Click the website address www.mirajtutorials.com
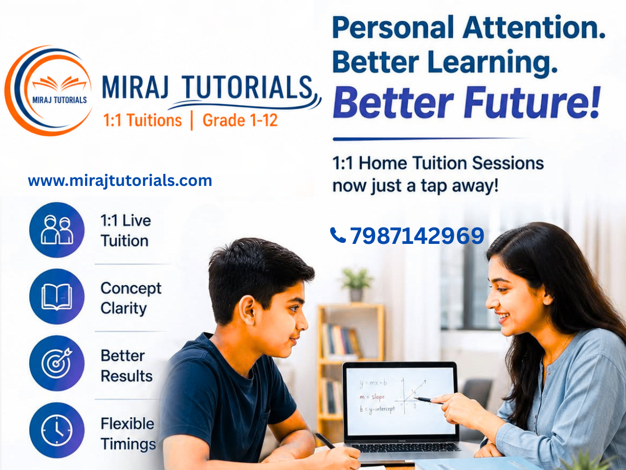pos(120,181)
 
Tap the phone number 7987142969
pos(417,236)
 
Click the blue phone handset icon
pos(338,235)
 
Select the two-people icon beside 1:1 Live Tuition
pos(57,230)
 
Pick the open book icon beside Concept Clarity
pos(57,297)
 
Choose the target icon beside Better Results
pos(57,363)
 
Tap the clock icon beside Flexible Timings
pos(57,430)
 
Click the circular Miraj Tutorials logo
pos(49,90)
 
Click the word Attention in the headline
pos(531,27)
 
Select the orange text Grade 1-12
pos(240,120)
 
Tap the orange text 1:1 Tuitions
pos(142,120)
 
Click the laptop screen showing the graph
pos(400,401)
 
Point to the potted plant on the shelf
pos(356,284)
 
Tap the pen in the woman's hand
pos(427,400)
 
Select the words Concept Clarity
pos(131,298)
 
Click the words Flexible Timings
pos(128,434)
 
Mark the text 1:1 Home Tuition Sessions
pos(438,163)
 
